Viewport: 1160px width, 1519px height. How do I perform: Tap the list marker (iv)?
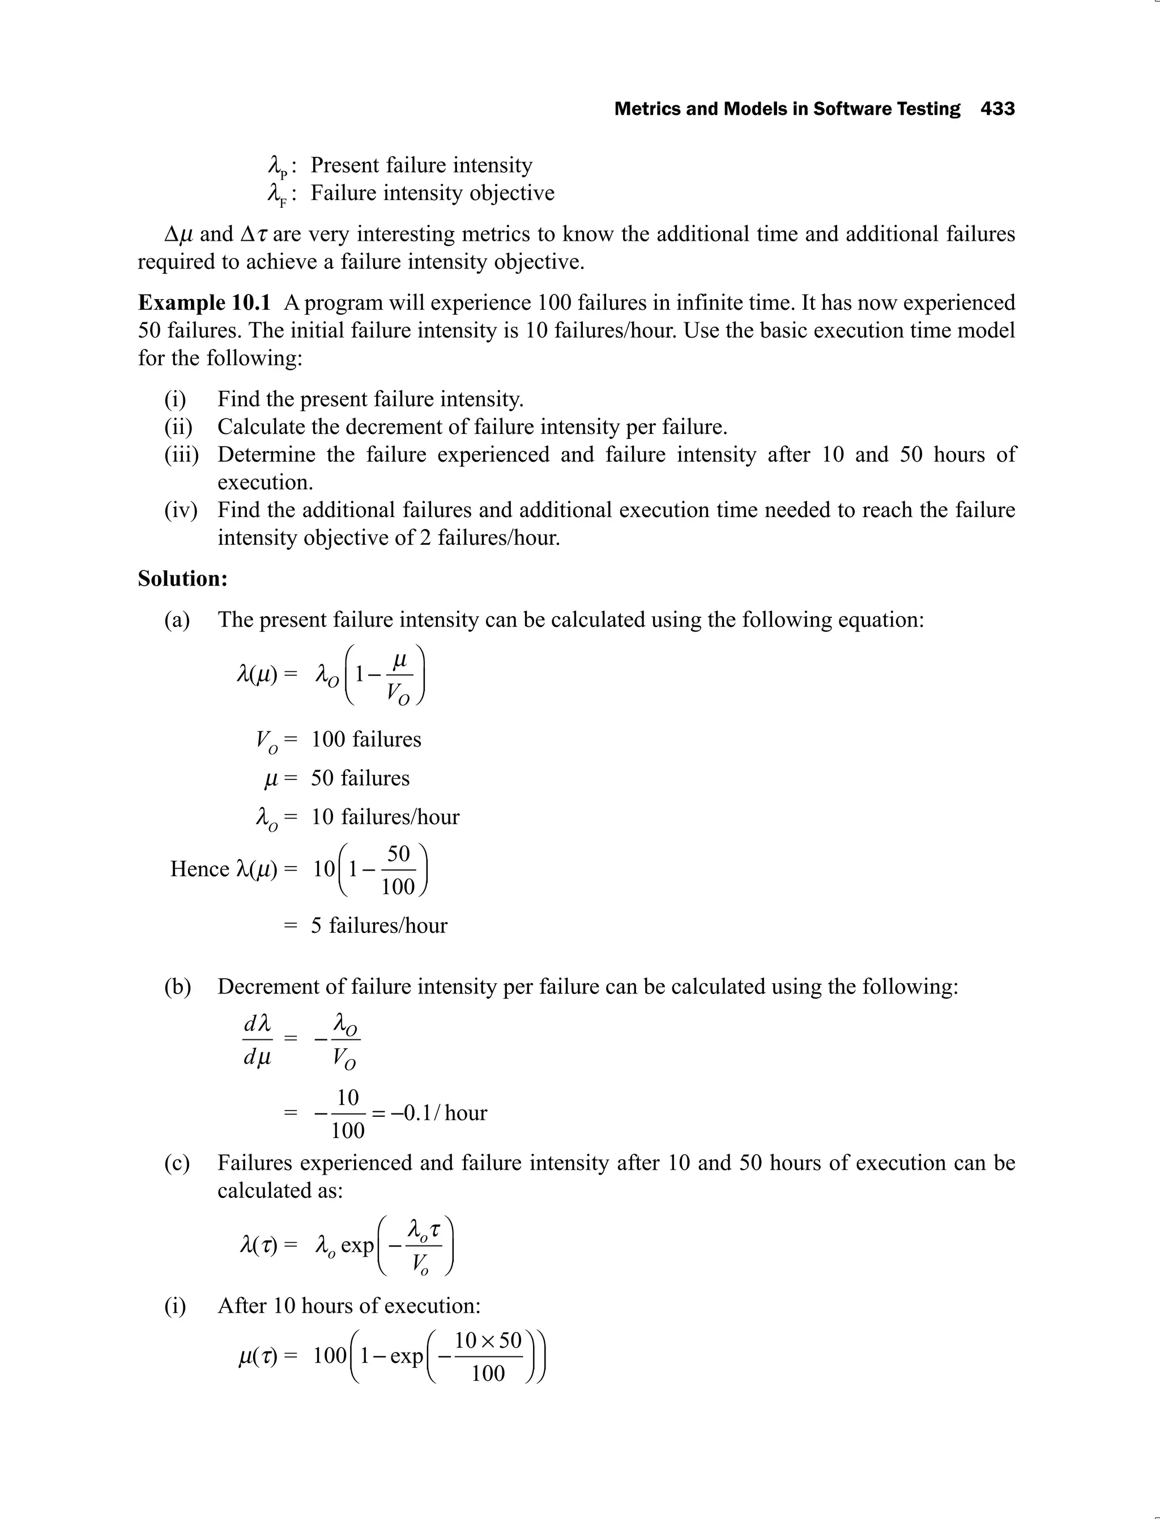(180, 510)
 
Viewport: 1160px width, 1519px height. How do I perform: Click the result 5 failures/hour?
(378, 925)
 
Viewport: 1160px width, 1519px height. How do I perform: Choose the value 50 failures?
(360, 778)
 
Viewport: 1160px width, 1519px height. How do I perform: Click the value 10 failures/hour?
(385, 817)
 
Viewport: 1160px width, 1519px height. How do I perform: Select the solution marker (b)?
(177, 986)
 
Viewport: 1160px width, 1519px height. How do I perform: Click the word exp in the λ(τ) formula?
(357, 1245)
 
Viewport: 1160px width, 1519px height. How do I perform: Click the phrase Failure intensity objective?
(432, 193)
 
